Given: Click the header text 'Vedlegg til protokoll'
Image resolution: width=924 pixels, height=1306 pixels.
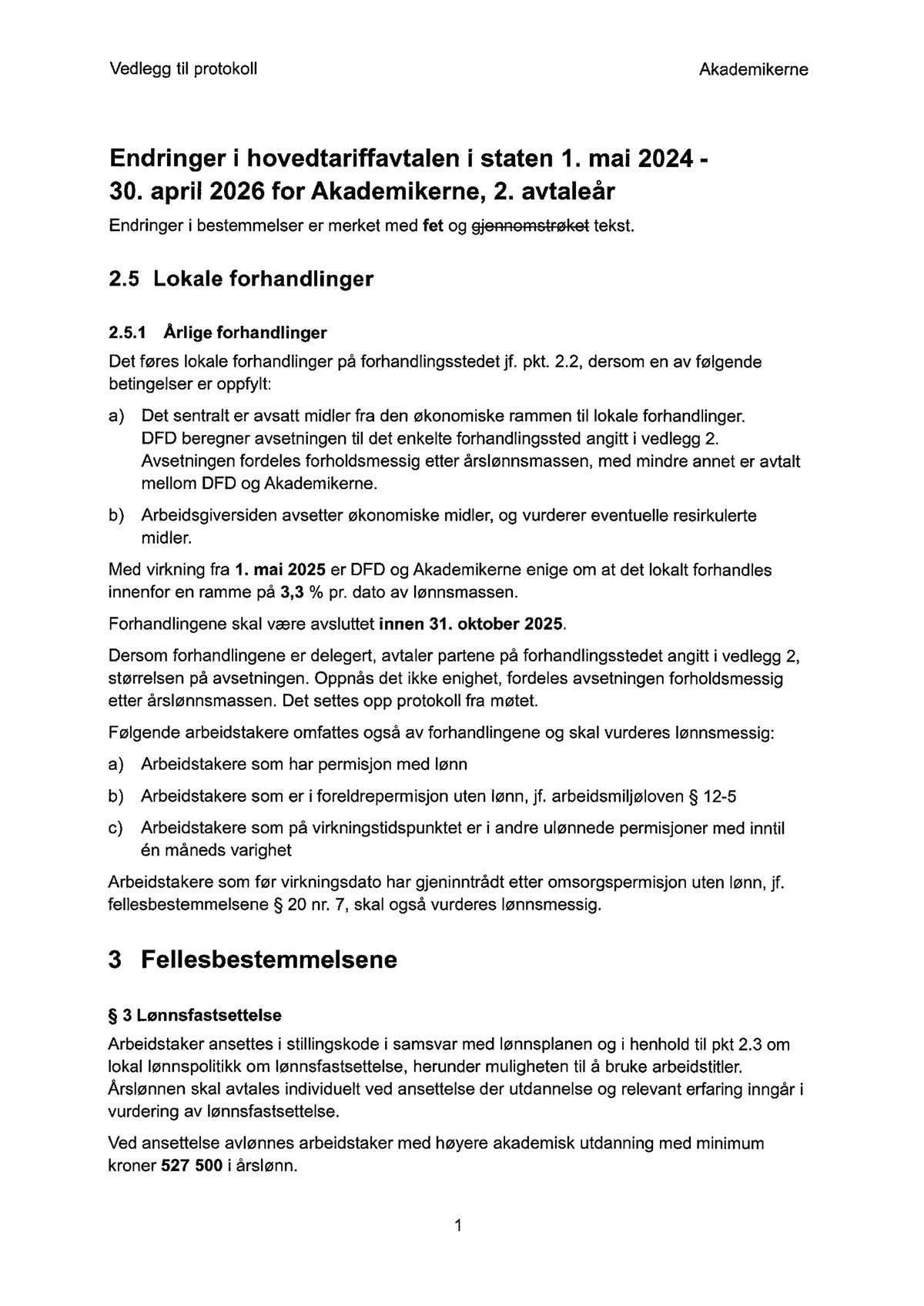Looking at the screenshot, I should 183,69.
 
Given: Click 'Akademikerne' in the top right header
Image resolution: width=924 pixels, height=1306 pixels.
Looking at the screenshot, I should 753,70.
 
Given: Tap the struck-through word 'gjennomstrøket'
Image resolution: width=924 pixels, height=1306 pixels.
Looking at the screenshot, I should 530,226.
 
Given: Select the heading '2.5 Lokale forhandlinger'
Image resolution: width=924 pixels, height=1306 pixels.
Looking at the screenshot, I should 241,279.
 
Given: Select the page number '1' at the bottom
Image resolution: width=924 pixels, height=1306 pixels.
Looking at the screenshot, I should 458,1225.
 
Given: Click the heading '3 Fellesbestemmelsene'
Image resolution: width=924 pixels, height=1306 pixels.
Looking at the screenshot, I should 253,960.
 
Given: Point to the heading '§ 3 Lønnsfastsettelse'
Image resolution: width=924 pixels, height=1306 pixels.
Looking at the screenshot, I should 195,1015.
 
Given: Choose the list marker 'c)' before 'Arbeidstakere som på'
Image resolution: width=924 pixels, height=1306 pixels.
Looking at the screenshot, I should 116,829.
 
